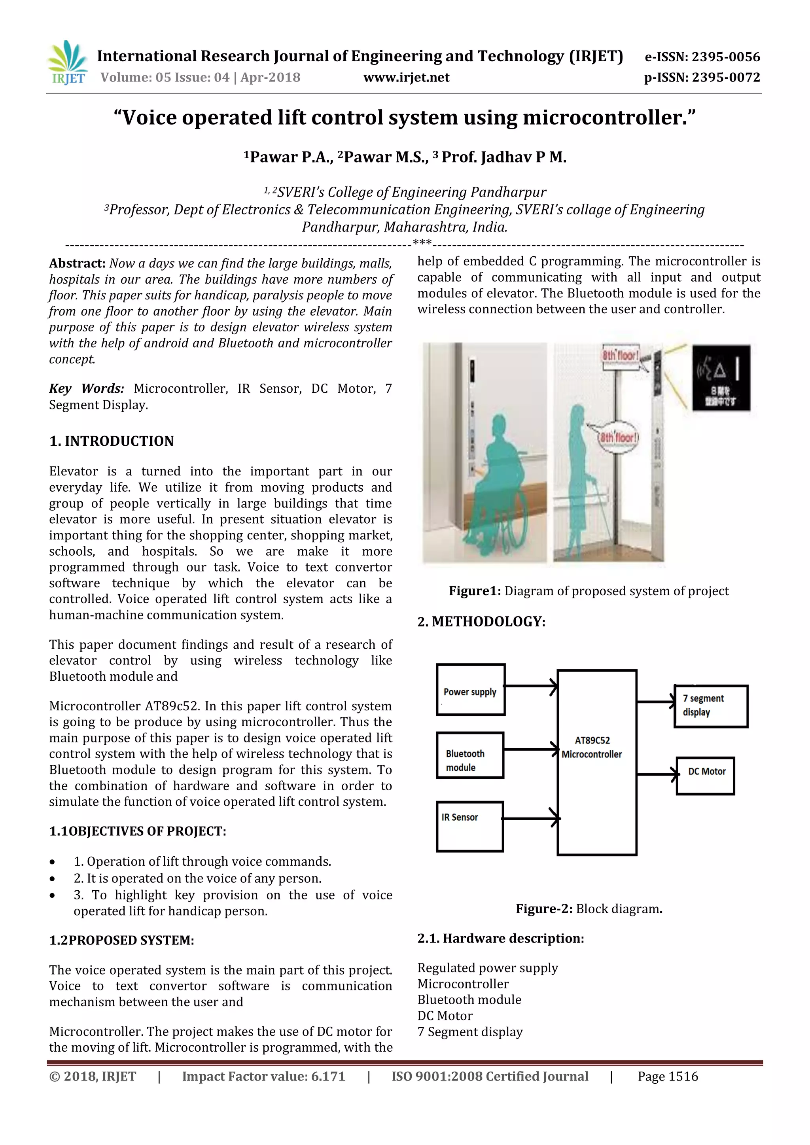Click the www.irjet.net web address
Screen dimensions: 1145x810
406,77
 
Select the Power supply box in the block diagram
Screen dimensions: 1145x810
470,690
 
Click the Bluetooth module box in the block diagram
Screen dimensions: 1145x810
469,755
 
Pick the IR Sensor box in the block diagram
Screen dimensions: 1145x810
469,826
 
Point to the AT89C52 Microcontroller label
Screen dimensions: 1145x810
592,747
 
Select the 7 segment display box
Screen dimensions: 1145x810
710,706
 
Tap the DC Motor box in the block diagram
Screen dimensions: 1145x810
705,776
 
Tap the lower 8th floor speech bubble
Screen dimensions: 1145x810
619,438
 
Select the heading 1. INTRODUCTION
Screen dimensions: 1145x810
111,441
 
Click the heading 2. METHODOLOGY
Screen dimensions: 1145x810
481,621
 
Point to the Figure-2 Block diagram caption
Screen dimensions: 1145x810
589,908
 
